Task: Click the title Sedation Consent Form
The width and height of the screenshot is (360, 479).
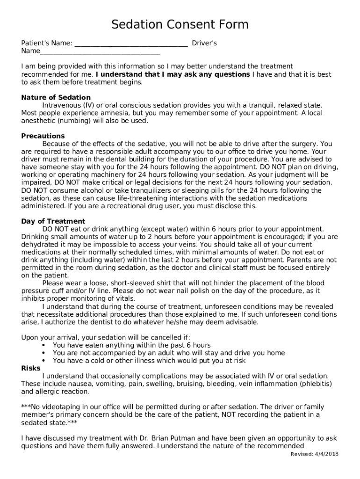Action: coord(180,24)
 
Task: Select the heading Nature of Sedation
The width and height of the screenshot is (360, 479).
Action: coord(56,97)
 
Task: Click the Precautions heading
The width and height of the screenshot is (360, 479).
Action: coord(43,136)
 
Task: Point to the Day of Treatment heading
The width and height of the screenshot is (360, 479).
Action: coord(53,221)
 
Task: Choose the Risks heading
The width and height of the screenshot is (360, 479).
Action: coord(31,368)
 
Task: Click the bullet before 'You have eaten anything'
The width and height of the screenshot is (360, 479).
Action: coord(43,345)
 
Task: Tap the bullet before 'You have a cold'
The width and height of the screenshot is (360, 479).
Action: coord(43,361)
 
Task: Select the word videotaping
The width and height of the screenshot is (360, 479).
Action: coord(58,406)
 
